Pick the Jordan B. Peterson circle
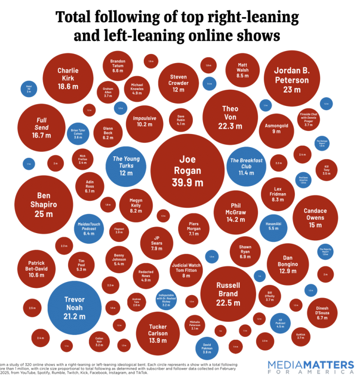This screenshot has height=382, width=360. [x=291, y=78]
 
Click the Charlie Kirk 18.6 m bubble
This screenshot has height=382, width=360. [x=68, y=78]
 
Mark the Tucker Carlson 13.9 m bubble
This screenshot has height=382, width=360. [x=158, y=332]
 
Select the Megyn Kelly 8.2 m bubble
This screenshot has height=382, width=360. [x=136, y=205]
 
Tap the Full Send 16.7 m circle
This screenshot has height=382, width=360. [x=41, y=128]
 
